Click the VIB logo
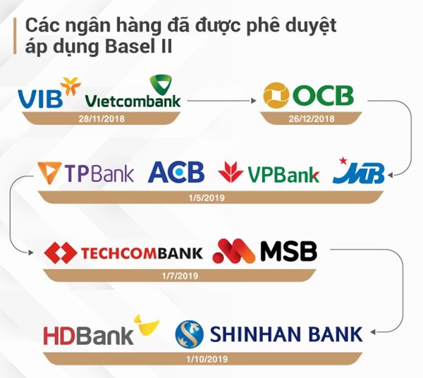tap(49, 93)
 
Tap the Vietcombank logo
tap(133, 92)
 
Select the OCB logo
tap(308, 95)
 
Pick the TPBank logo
tap(85, 173)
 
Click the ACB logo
tap(176, 172)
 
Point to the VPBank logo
tap(269, 173)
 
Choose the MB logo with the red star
tap(359, 171)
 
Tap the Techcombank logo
tap(123, 252)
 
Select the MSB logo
tap(264, 250)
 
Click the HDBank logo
tap(102, 330)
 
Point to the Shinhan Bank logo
tap(269, 334)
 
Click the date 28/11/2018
tap(102, 118)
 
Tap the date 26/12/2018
tap(312, 118)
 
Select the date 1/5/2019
tap(207, 198)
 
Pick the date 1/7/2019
tap(180, 276)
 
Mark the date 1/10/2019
tap(207, 359)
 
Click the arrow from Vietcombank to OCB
tap(221, 101)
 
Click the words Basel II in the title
tap(138, 47)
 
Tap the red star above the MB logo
tap(343, 161)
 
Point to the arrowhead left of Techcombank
tap(31, 252)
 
